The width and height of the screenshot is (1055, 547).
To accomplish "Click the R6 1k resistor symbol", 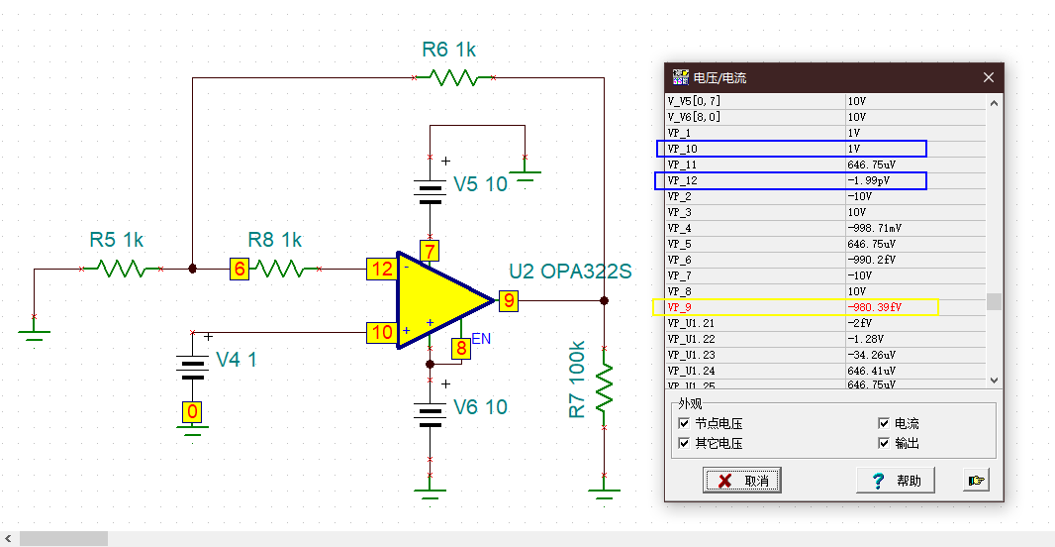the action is coord(453,77).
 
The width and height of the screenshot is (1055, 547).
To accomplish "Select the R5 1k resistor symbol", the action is coord(121,269).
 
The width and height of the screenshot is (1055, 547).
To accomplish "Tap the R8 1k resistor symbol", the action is coord(279,269).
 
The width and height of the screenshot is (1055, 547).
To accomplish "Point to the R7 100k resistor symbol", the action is coord(605,387).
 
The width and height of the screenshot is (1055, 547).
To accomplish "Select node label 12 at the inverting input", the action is coord(382,269).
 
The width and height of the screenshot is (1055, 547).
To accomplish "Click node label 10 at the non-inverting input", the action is coord(382,332).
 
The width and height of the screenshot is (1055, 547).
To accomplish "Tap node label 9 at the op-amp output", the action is coord(509,300).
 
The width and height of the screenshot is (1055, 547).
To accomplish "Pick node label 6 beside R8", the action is coord(240,269).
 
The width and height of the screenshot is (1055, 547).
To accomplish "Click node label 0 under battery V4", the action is coord(192,411).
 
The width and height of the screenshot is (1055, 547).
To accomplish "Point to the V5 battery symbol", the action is coord(430,190).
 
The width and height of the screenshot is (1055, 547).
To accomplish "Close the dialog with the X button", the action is coord(989,77).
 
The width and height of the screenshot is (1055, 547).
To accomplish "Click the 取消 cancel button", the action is coord(742,481).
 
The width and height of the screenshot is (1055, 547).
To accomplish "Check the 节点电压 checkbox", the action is coord(684,423).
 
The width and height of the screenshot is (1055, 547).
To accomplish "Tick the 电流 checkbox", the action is coord(884,423).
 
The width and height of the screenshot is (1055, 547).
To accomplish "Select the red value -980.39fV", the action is coord(874,307).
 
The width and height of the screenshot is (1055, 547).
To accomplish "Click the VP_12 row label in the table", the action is coord(682,180).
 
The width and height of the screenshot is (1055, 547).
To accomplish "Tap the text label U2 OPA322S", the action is coord(570,272).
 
